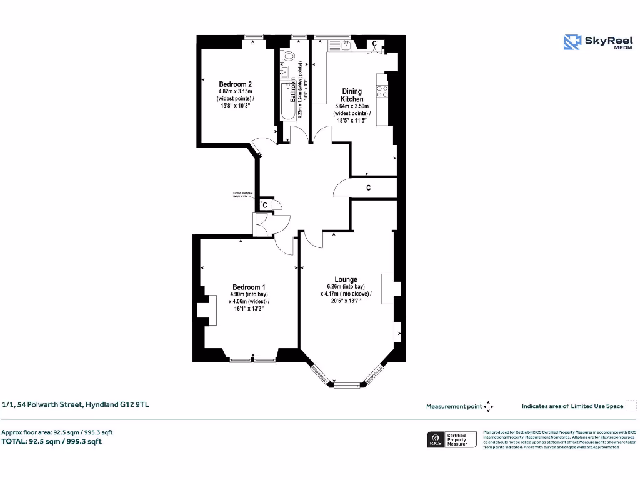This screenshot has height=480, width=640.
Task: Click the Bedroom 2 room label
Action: coord(236,84)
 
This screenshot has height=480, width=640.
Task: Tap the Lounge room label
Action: coord(346,279)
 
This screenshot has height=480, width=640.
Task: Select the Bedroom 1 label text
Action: coord(249,287)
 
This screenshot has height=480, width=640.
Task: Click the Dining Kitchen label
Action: coord(352,95)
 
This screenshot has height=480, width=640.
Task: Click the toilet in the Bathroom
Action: coord(289,56)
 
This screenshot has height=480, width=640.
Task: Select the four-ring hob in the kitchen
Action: coord(382,89)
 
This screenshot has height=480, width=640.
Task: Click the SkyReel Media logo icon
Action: coord(572,42)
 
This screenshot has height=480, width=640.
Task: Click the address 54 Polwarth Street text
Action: coord(76,404)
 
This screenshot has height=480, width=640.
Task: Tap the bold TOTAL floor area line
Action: coord(51,441)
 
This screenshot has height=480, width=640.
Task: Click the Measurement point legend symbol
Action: coord(489,406)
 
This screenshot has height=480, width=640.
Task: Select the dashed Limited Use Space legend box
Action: coord(631,406)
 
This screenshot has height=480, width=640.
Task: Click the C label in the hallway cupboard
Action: coord(369,187)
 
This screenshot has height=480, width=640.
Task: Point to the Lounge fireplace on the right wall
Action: coord(388,289)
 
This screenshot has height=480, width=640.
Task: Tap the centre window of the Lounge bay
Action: coord(344,384)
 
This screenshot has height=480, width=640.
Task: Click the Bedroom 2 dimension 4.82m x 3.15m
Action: coord(236,92)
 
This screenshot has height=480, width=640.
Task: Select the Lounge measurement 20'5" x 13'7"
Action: coord(346,301)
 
